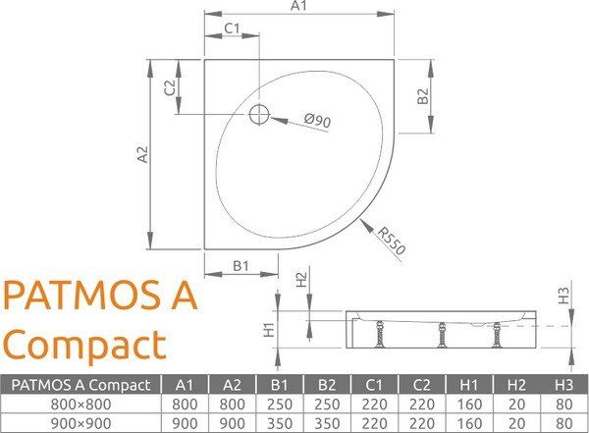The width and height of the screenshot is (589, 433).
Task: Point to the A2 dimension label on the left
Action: click(x=140, y=153)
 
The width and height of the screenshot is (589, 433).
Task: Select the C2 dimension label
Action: click(x=169, y=86)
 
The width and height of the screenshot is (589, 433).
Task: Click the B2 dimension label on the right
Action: click(x=421, y=96)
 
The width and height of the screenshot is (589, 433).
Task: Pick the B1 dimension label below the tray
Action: click(x=242, y=265)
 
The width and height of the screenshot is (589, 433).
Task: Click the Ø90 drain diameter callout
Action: click(x=317, y=121)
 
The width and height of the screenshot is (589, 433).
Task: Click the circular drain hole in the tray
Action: click(x=259, y=114)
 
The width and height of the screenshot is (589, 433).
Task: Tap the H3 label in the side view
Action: click(x=562, y=293)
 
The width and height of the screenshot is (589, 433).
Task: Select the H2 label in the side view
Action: click(x=300, y=281)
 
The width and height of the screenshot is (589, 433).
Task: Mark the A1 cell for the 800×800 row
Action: click(x=183, y=403)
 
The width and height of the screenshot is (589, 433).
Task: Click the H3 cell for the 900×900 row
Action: click(x=562, y=422)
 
